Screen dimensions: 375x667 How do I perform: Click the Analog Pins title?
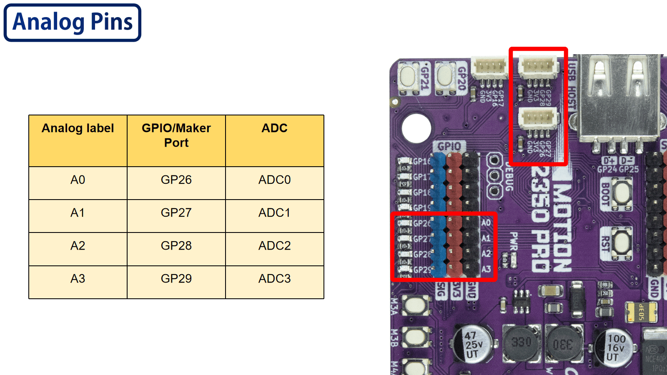click(x=73, y=22)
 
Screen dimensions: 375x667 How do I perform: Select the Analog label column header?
click(x=78, y=128)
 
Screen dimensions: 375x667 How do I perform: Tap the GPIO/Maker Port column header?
click(x=176, y=135)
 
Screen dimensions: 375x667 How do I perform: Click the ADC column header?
click(x=274, y=128)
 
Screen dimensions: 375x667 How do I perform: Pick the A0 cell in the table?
click(x=78, y=180)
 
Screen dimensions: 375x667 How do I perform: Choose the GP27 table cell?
click(x=176, y=213)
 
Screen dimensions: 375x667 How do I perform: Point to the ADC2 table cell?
click(x=274, y=246)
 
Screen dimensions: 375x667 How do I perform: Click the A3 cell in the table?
click(x=78, y=279)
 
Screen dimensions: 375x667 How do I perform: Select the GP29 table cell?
click(x=176, y=279)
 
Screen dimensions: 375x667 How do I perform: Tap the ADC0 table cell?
click(x=274, y=180)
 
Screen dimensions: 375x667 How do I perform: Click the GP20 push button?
click(x=445, y=77)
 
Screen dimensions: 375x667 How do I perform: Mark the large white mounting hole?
click(x=416, y=128)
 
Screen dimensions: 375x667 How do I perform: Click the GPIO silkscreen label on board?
click(x=449, y=146)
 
